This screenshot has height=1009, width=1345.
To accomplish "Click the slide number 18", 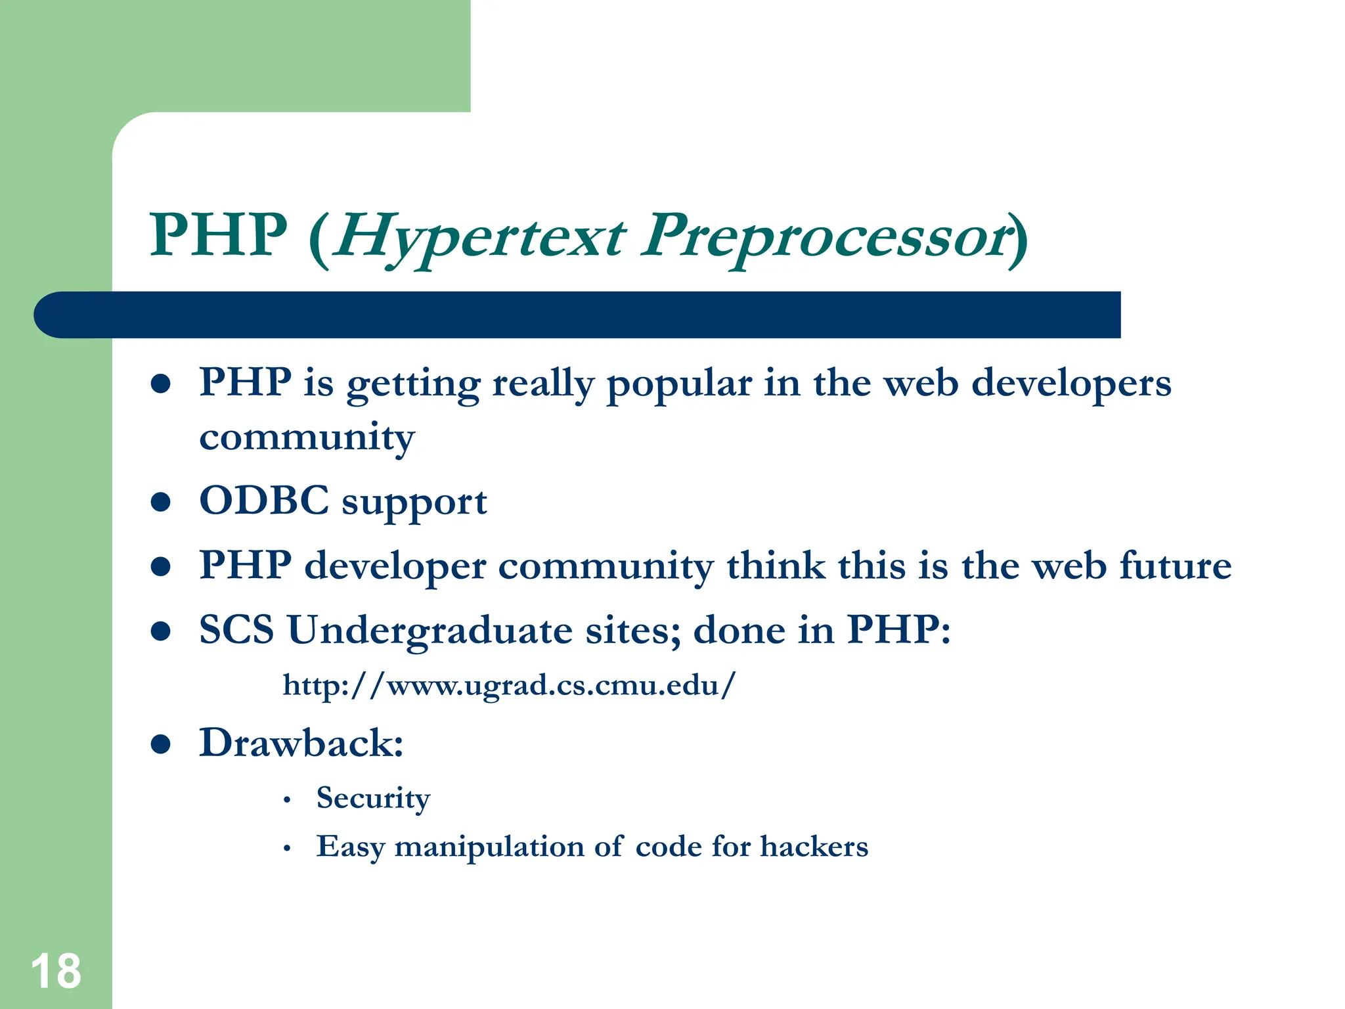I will tap(56, 971).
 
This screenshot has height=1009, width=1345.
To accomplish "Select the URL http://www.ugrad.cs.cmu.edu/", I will tap(509, 686).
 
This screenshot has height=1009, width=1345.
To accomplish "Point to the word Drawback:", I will tap(301, 744).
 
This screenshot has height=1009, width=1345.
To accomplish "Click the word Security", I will tap(373, 799).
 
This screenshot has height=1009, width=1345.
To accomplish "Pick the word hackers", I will tap(814, 847).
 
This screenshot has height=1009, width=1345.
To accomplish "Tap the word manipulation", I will tap(489, 847).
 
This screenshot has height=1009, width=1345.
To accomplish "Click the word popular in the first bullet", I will tap(678, 384).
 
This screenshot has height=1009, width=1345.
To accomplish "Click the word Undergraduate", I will tap(430, 631).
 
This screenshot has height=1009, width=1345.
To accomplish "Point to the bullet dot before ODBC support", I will tap(161, 503).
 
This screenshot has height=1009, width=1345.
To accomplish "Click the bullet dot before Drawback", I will tap(161, 744).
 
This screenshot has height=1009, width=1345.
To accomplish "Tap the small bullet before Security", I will tap(287, 801).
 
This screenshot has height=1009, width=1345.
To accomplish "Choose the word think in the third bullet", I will tap(776, 566).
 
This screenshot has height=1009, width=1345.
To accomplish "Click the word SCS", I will tap(236, 631).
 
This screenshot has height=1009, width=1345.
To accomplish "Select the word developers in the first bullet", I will tap(1071, 384).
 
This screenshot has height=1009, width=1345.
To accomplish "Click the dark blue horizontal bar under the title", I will tap(578, 315).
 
